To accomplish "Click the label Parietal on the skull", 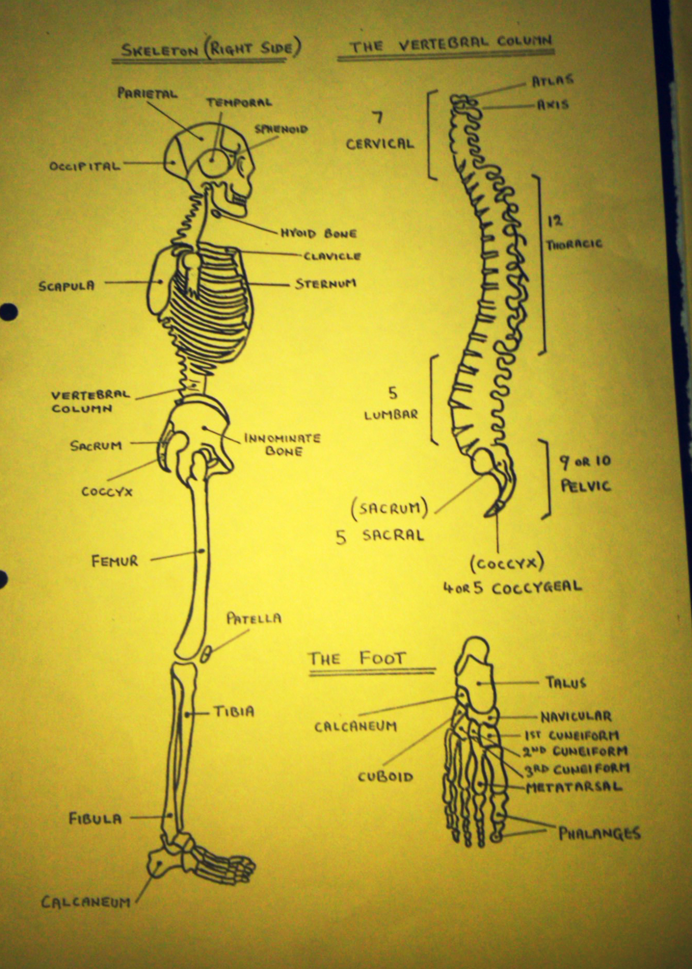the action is tap(148, 93).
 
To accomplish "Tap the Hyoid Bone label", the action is tap(318, 233).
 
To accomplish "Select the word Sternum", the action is tap(326, 284).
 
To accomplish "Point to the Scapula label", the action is tap(66, 285).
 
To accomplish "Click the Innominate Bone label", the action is tap(283, 444).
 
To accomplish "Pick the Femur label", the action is tap(115, 561).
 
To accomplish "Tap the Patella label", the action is tap(254, 618).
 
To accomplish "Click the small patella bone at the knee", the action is tap(206, 654).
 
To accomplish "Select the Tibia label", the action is tap(234, 711).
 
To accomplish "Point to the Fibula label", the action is tap(96, 819).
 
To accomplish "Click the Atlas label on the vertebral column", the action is tap(552, 81).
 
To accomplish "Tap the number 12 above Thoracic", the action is tap(555, 221).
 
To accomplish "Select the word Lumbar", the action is tap(391, 415).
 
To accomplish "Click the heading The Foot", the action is tap(356, 659).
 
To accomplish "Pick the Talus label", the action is tap(566, 683).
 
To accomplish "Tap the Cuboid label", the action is tap(385, 777).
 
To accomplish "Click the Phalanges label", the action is tap(600, 833).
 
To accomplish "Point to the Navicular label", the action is tap(576, 717).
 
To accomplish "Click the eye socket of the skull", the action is tap(214, 162).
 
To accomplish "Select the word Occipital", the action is tap(85, 166).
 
